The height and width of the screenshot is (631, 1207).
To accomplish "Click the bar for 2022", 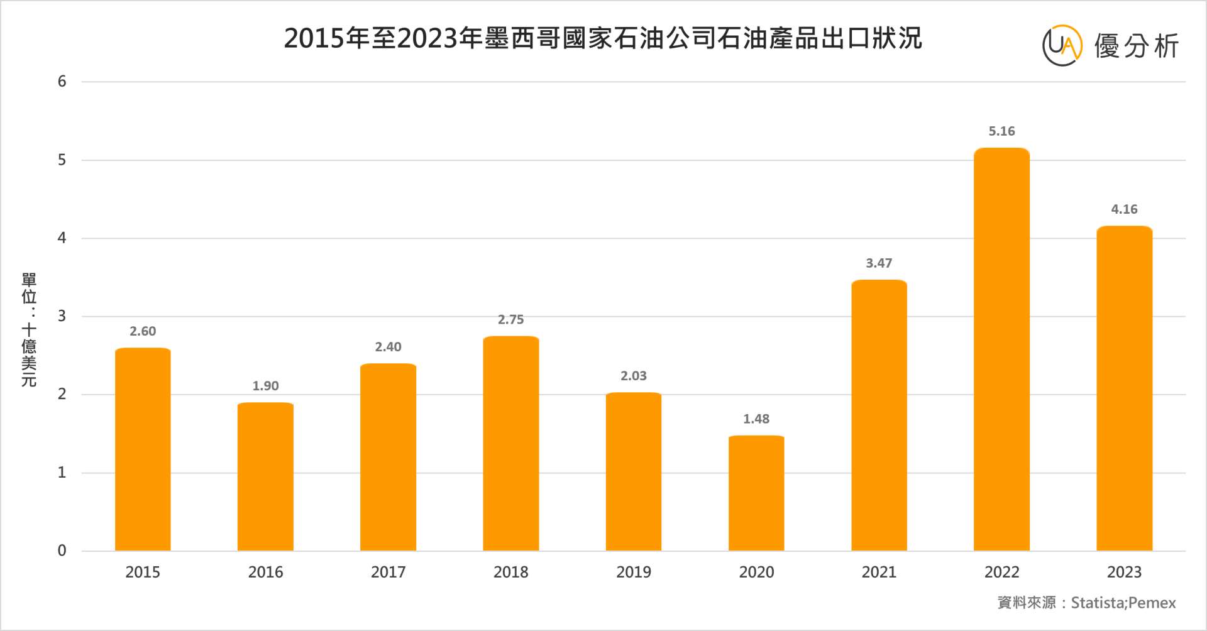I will click(1001, 349).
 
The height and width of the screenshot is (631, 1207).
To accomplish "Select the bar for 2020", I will click(756, 493).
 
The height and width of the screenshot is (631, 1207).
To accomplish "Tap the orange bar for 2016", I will click(265, 477).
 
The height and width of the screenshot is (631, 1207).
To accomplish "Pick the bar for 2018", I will click(510, 444).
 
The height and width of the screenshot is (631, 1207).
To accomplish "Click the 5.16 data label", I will click(1001, 131).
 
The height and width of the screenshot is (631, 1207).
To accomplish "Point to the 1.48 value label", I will click(756, 419).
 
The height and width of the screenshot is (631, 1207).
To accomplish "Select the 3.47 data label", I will click(879, 263).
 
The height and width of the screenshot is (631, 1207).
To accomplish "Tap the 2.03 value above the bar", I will click(634, 376).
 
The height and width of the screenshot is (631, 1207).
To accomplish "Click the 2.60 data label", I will click(143, 331).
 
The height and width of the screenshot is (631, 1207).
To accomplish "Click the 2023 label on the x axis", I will click(1124, 572).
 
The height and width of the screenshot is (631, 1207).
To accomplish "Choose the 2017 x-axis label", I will click(388, 572).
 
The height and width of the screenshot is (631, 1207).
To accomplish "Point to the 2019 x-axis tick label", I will click(634, 572).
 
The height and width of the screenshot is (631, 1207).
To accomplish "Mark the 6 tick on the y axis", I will click(62, 82).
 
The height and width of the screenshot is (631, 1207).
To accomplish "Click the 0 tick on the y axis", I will click(62, 551).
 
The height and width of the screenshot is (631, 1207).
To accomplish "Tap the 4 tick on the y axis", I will click(62, 238).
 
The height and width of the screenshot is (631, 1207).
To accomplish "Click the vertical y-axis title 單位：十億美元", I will click(29, 329).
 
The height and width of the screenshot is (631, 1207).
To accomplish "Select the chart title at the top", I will click(603, 38).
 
